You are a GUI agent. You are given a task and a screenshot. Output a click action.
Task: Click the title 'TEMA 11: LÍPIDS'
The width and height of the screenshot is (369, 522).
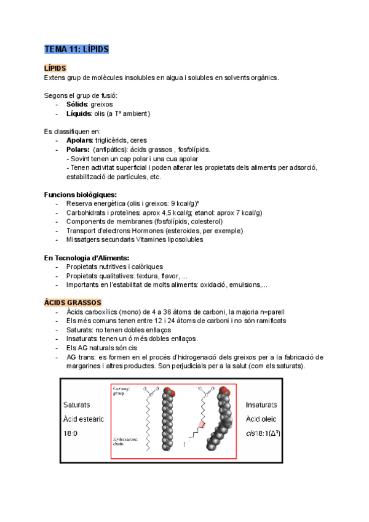[76, 49]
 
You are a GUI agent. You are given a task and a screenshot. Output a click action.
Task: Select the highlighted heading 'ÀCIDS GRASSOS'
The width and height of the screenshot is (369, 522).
[73, 303]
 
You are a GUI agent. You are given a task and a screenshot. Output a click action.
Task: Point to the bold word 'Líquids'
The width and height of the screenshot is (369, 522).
[79, 113]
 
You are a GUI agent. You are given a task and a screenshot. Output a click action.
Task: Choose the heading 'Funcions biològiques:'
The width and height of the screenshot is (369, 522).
[80, 195]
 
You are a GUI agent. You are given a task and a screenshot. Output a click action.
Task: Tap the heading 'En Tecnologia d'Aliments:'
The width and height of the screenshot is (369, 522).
[87, 257]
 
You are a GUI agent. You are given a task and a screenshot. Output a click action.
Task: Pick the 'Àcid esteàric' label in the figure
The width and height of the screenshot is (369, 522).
[84, 419]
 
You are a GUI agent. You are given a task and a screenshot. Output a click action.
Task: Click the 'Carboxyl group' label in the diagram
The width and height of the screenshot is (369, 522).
[122, 391]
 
